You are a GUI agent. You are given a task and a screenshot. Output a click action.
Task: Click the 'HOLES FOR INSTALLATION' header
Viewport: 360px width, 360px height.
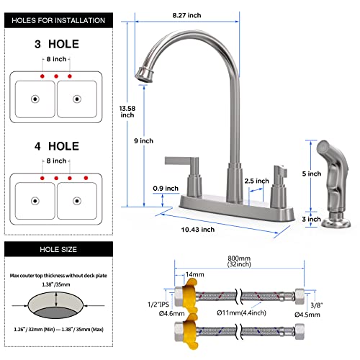(x=56, y=19)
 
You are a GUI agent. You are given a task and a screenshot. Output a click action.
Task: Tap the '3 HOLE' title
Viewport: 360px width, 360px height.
(x=56, y=44)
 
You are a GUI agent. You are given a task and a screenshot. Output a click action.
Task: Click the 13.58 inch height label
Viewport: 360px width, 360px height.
(x=127, y=109)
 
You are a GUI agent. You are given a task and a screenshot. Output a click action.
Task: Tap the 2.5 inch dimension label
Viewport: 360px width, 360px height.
(x=254, y=181)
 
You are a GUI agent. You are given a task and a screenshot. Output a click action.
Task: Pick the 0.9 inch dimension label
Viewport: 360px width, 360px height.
(x=166, y=189)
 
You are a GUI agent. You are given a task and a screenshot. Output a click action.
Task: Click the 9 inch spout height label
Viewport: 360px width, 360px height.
(x=147, y=141)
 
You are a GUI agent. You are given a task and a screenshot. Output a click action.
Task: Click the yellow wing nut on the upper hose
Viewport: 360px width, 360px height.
(x=186, y=298)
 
